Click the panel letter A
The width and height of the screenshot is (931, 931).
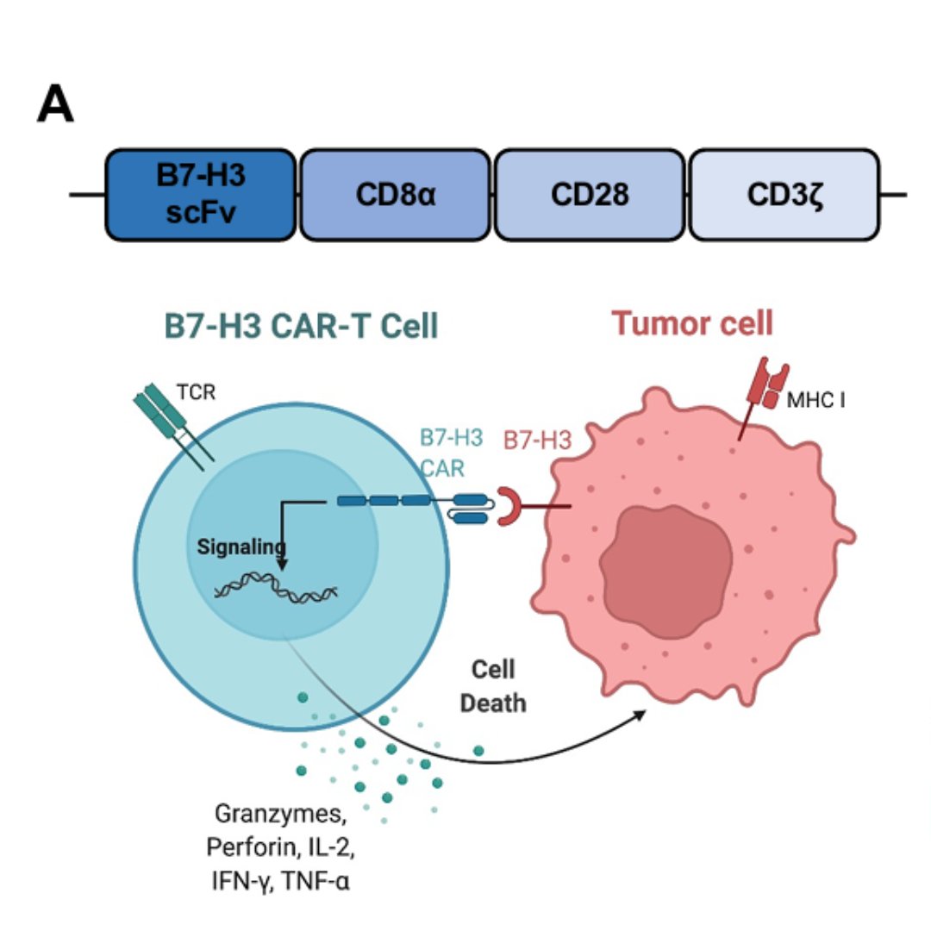coord(55,106)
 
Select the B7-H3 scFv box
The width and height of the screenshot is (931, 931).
coord(201,194)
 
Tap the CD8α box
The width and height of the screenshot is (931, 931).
coord(396,195)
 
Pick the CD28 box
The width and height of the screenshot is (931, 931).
coord(590,195)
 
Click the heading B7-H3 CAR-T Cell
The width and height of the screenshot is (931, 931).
coord(301,327)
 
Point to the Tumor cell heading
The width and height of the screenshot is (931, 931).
coord(692,323)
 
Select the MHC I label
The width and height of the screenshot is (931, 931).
coord(815,399)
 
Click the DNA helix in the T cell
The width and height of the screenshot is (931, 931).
coord(276,589)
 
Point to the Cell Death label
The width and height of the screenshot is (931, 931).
coord(492,686)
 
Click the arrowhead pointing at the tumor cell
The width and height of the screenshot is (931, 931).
coord(641,713)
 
